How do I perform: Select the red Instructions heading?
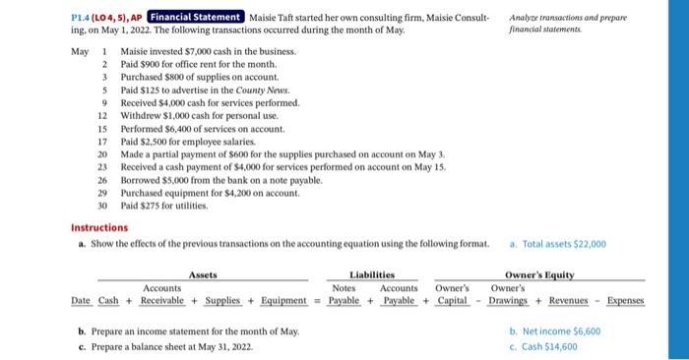[x=98, y=227]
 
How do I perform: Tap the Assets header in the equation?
[x=203, y=275]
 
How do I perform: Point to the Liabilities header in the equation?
[x=372, y=275]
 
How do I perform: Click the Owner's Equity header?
[x=539, y=275]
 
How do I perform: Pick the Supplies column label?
[x=223, y=299]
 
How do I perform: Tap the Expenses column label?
[x=624, y=299]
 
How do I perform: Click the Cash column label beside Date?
[x=108, y=299]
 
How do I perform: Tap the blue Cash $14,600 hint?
[x=551, y=346]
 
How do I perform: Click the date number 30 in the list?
[x=101, y=206]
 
